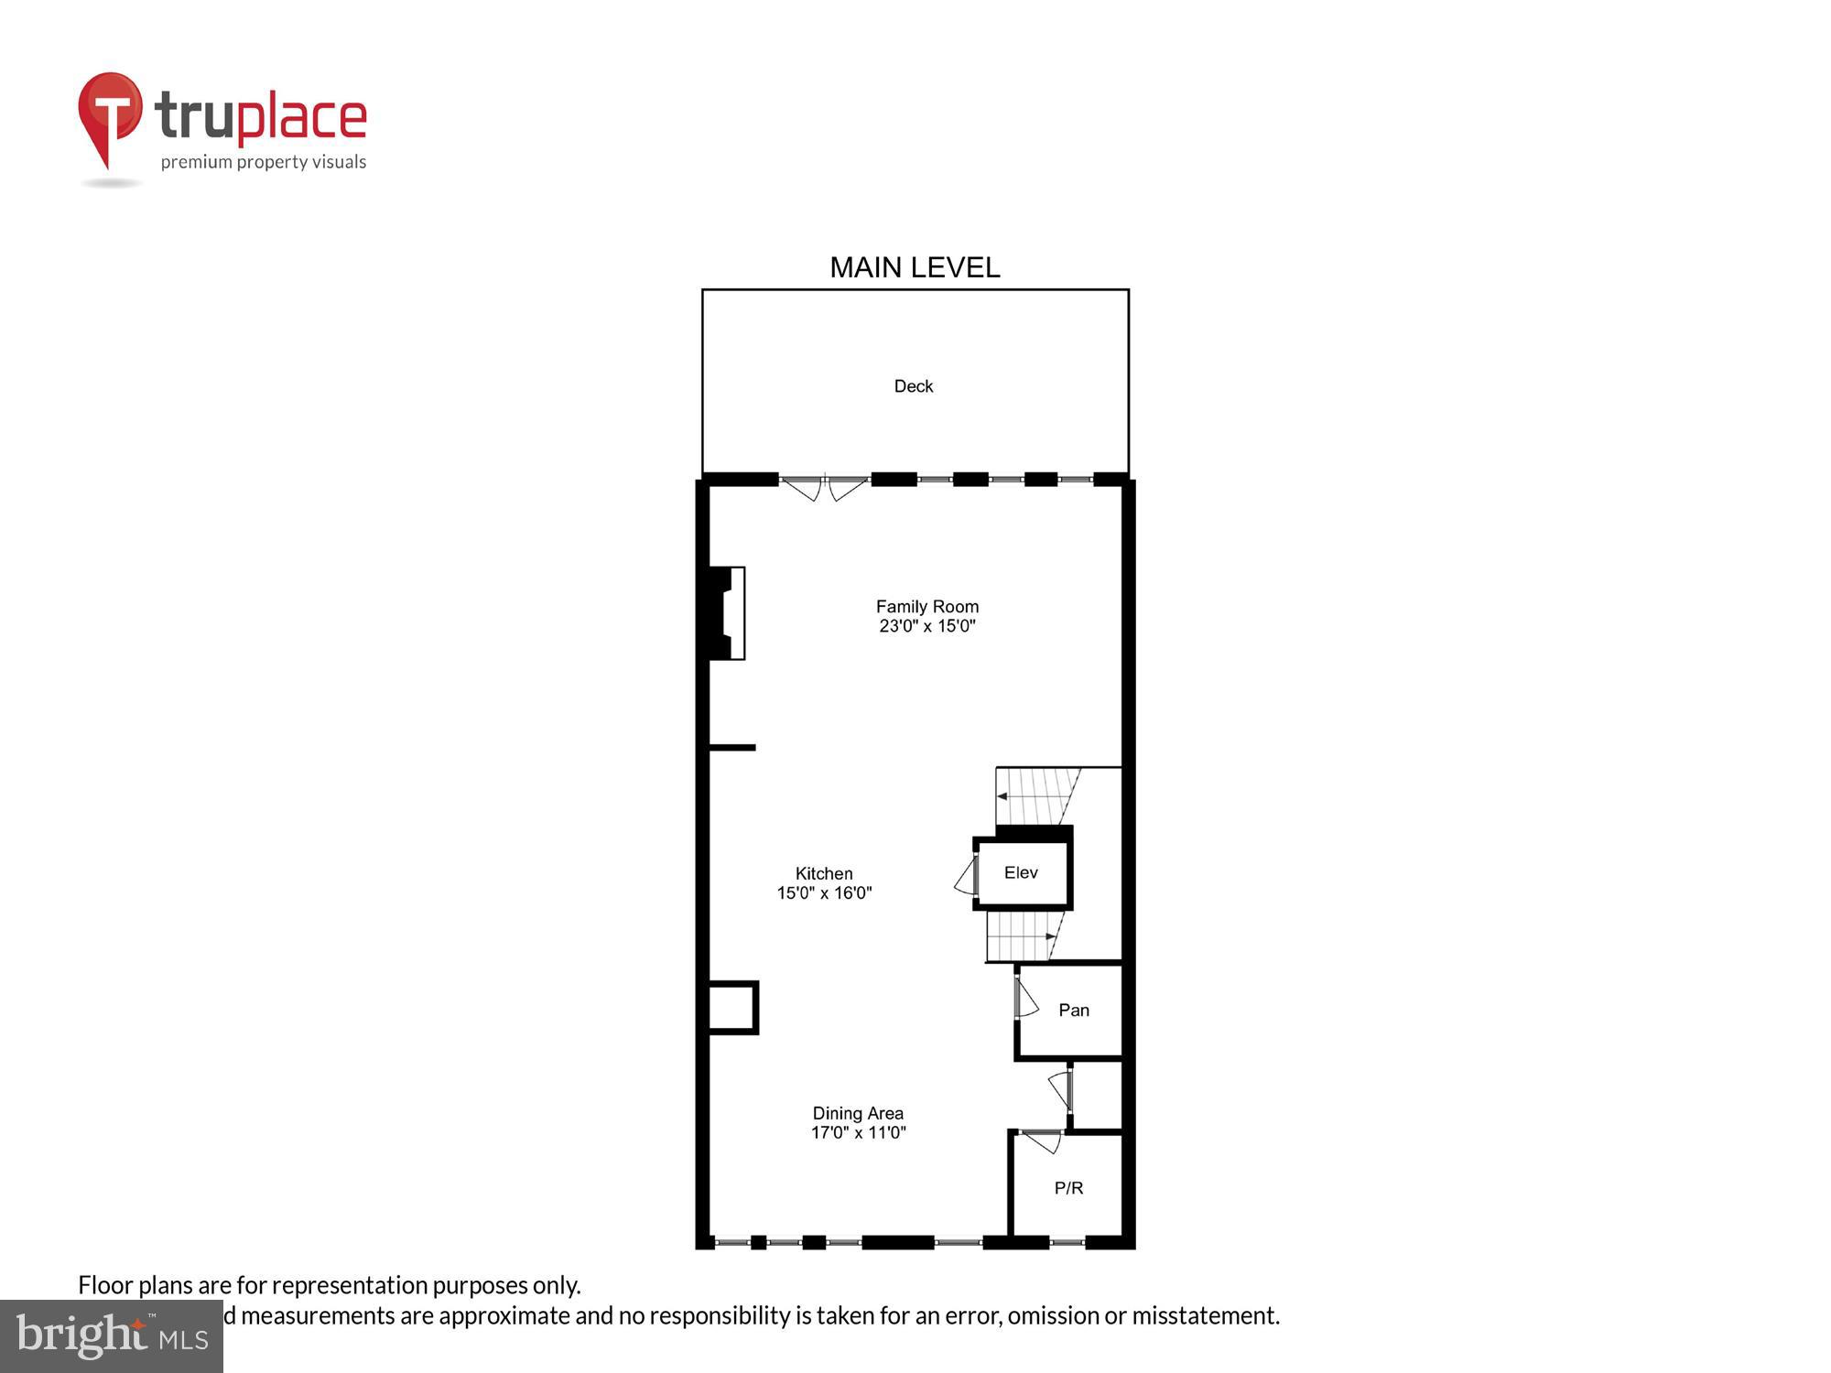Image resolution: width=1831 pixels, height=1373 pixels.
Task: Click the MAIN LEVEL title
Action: click(x=915, y=267)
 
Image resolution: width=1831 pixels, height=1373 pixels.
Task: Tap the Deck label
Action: click(x=913, y=386)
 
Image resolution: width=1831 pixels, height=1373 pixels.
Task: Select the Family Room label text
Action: click(x=926, y=606)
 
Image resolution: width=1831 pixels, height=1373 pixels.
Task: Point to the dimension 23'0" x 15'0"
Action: click(x=926, y=626)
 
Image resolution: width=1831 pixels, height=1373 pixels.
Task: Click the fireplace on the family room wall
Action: click(x=726, y=612)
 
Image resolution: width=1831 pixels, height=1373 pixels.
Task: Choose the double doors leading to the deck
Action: click(x=824, y=487)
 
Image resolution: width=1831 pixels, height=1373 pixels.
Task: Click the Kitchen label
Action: click(x=823, y=873)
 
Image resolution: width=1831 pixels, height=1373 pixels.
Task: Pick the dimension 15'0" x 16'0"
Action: click(x=824, y=893)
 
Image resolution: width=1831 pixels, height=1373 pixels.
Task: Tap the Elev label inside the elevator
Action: click(x=1020, y=872)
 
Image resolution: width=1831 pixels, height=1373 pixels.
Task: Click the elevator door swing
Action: click(x=965, y=878)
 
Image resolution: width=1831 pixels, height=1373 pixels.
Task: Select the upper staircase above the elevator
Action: click(x=1037, y=795)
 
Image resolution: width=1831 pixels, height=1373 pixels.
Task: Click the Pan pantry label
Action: click(x=1073, y=1010)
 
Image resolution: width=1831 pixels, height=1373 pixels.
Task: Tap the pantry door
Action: click(x=1025, y=998)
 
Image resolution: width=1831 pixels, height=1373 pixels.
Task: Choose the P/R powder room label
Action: click(x=1068, y=1187)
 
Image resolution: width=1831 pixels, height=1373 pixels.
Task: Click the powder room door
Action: click(x=1041, y=1141)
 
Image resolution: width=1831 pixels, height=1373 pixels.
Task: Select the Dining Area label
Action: click(x=858, y=1113)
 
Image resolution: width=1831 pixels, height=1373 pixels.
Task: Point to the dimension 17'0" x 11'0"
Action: click(x=858, y=1132)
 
